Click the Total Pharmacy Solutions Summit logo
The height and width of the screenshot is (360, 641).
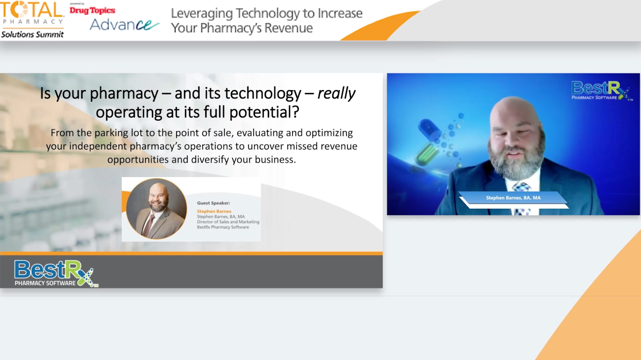pos(32,19)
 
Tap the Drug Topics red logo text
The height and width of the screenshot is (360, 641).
pos(92,10)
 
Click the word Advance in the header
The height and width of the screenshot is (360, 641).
pos(124,25)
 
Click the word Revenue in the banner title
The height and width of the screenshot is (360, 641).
pos(288,28)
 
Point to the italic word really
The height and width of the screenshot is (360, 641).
pos(336,93)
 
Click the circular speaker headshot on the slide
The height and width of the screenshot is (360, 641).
pos(156,208)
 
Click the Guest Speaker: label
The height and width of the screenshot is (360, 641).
pos(213,203)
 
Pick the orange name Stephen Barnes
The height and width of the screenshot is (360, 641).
pos(214,211)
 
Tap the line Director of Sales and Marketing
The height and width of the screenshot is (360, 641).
pos(228,222)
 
